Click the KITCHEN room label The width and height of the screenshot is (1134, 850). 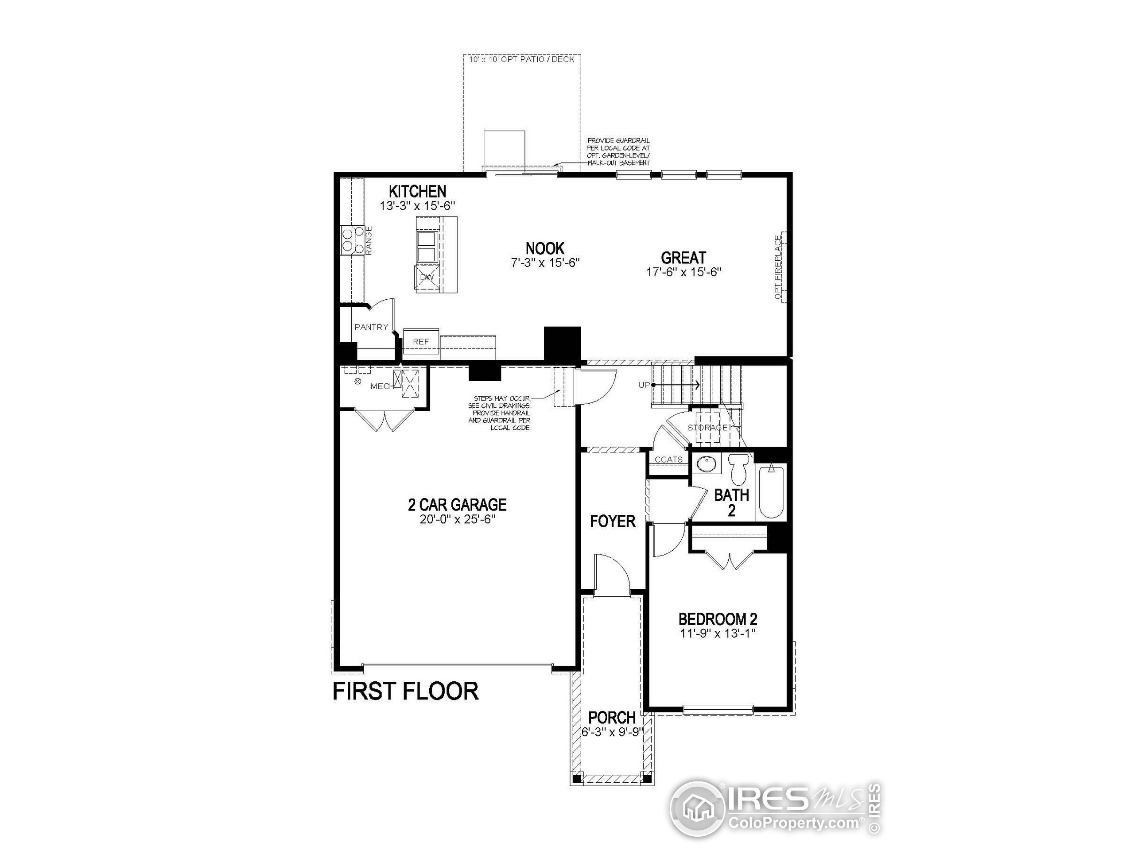pos(417,192)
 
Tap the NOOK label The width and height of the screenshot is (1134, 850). pos(544,248)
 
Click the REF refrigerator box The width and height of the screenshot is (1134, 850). pos(421,342)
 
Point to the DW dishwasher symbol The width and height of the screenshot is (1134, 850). pos(427,278)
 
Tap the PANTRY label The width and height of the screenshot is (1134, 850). pos(371,327)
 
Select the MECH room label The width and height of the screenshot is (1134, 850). pos(382,386)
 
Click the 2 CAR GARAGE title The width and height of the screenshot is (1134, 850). pos(457,505)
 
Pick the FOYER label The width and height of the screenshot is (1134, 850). pos(612,522)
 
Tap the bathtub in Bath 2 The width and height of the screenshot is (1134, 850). pos(770,491)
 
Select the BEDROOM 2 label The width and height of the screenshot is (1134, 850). pos(718,619)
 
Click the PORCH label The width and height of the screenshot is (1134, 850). pos(612,717)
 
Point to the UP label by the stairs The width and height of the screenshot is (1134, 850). pos(644,385)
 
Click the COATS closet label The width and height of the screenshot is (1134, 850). pos(668,460)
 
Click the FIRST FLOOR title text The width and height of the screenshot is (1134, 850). pos(405,691)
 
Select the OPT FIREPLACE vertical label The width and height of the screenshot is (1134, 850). pos(778,267)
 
